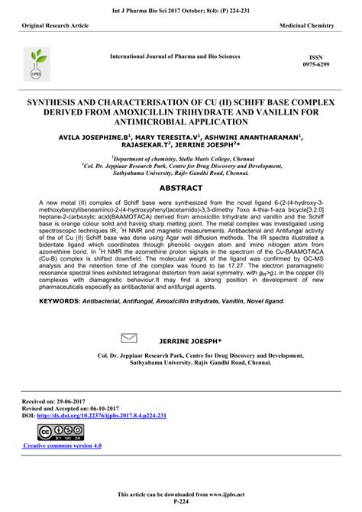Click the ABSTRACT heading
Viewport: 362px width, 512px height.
(x=181, y=186)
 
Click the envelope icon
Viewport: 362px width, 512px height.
(x=130, y=337)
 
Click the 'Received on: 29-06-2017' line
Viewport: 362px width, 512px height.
(x=57, y=400)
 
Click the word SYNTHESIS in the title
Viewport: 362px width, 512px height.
(x=57, y=100)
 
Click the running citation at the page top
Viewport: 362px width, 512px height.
(x=181, y=9)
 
